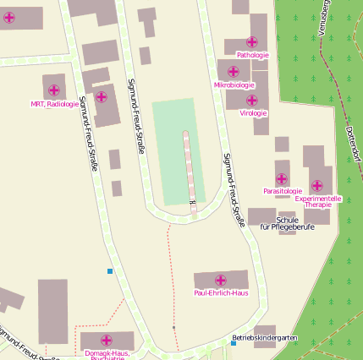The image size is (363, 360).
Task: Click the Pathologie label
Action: click(x=252, y=55)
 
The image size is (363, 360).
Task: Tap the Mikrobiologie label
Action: click(x=234, y=85)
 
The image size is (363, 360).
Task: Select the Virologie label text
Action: click(x=253, y=112)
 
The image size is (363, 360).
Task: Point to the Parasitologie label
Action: click(x=282, y=191)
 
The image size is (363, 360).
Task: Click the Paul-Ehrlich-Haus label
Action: click(x=221, y=293)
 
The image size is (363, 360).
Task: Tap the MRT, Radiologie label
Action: click(x=54, y=104)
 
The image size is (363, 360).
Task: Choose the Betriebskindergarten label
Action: click(x=265, y=338)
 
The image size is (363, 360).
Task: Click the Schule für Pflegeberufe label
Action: click(x=288, y=223)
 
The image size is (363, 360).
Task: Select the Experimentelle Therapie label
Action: click(x=318, y=201)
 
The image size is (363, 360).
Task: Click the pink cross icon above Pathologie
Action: click(x=251, y=41)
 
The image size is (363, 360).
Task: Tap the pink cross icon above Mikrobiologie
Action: click(x=234, y=72)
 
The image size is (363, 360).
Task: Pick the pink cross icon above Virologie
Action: click(x=252, y=100)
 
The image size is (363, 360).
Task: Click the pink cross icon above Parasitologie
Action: click(x=282, y=178)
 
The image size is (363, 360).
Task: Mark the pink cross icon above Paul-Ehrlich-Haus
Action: click(x=221, y=280)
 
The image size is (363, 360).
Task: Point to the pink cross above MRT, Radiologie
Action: click(x=54, y=90)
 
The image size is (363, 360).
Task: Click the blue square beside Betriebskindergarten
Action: click(x=234, y=343)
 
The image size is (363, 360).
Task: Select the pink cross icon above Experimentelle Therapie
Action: click(x=316, y=186)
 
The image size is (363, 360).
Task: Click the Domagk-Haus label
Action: click(x=107, y=352)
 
